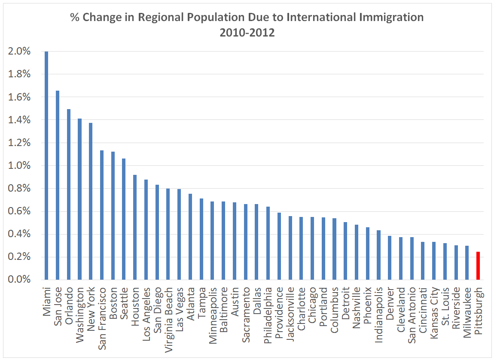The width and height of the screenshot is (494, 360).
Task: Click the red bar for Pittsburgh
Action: [478, 266]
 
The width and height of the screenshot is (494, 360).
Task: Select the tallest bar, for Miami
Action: [46, 166]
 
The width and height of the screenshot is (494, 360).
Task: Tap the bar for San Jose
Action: [58, 185]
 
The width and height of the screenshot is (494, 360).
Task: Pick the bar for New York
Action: [91, 201]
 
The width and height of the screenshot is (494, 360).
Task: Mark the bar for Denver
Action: [389, 258]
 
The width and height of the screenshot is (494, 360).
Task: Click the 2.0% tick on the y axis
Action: [19, 52]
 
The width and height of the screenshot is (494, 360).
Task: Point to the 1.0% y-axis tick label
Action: [19, 166]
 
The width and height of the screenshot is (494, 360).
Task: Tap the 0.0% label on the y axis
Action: [19, 280]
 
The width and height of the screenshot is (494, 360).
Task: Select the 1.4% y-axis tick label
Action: [19, 120]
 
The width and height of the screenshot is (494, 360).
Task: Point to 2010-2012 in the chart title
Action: [247, 33]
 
